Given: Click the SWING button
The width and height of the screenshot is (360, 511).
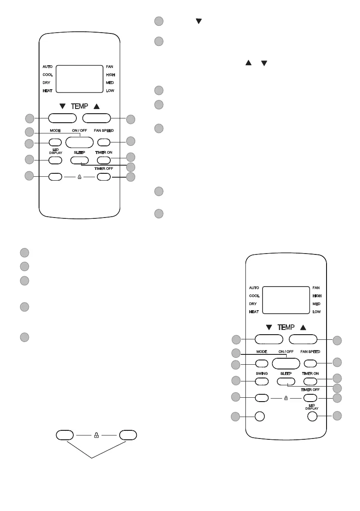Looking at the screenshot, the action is click(x=262, y=381).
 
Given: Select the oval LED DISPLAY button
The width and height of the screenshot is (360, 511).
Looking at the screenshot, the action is click(x=55, y=160).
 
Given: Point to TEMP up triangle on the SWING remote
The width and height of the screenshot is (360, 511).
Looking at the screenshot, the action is click(x=303, y=327).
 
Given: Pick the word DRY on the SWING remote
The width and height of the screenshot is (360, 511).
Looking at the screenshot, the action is click(x=253, y=304).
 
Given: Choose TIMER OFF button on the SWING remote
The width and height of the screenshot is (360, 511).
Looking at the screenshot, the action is click(x=310, y=398).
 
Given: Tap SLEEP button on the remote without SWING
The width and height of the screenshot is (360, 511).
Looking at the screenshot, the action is click(x=79, y=160).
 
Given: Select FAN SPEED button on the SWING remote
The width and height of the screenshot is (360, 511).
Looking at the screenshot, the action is click(x=310, y=363).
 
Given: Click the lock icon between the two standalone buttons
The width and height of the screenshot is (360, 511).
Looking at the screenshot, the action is click(x=96, y=435).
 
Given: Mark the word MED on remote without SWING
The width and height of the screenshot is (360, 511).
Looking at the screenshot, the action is click(x=110, y=82).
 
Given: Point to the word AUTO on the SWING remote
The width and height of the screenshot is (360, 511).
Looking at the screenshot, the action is click(x=254, y=288).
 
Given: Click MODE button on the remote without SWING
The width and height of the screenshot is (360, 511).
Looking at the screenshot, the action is click(x=55, y=142).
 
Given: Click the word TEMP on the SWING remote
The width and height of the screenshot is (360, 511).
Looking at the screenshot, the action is click(x=286, y=327).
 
